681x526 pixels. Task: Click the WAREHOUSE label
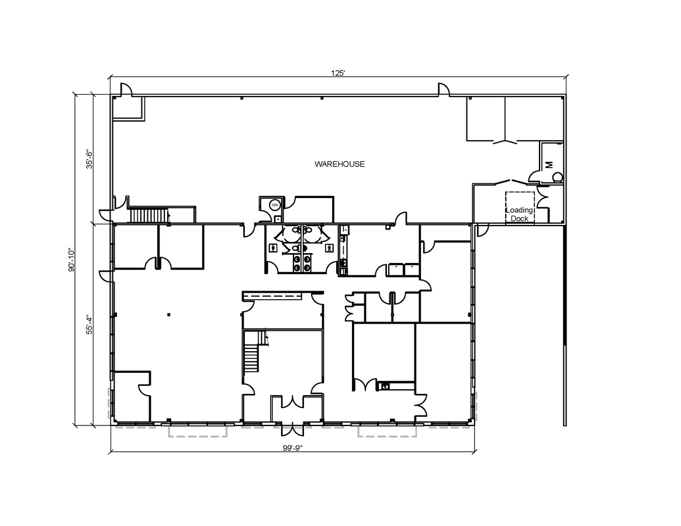click(x=340, y=164)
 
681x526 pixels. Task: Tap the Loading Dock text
click(x=519, y=214)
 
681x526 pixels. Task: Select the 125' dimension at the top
click(x=338, y=73)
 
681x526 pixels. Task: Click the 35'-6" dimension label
click(x=89, y=158)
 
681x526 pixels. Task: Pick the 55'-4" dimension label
click(x=89, y=325)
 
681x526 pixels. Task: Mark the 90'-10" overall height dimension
click(x=71, y=259)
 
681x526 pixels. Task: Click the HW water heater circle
click(x=274, y=205)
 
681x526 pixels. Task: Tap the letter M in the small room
click(x=549, y=165)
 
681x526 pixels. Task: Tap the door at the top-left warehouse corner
click(x=126, y=90)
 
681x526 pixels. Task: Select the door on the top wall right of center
click(x=444, y=90)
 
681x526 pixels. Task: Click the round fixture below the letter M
click(x=557, y=177)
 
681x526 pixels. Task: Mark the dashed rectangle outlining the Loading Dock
click(x=520, y=207)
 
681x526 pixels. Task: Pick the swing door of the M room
click(x=534, y=176)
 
